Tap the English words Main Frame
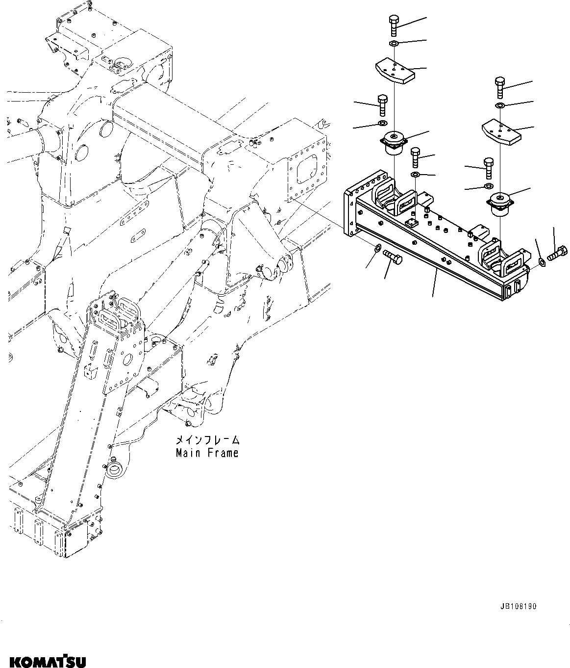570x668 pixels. click(x=207, y=453)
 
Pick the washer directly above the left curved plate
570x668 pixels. click(x=394, y=45)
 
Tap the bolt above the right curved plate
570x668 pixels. click(x=499, y=88)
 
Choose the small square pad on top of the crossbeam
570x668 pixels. click(x=410, y=223)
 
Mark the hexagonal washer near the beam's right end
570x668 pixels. click(x=542, y=262)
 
